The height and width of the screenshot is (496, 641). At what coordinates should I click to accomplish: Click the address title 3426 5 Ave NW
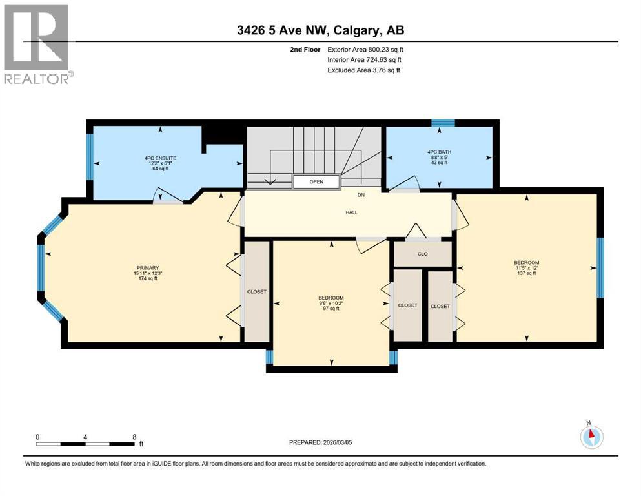pos(320,30)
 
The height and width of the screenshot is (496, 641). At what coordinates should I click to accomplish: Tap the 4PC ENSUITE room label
pos(161,163)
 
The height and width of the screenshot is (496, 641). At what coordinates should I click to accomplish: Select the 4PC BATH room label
pos(439,157)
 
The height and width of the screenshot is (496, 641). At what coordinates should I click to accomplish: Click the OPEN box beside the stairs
pos(316,182)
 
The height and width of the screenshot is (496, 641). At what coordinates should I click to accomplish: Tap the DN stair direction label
pos(362,194)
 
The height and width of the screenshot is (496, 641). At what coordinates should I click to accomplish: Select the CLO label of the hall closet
pos(423,254)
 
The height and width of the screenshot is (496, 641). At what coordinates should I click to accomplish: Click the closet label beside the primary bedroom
pos(257,292)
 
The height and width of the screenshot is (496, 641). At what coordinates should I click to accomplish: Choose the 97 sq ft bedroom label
pos(331,303)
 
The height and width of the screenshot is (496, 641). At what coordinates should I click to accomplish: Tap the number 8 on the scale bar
pos(134,437)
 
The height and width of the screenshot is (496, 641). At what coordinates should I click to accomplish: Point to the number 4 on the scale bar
pos(85,437)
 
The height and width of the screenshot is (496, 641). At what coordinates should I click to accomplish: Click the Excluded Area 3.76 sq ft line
pos(363,70)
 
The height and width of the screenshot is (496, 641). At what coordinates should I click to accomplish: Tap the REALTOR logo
pos(37,45)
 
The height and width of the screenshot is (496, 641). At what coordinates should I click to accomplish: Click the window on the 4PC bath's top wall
pos(443,123)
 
